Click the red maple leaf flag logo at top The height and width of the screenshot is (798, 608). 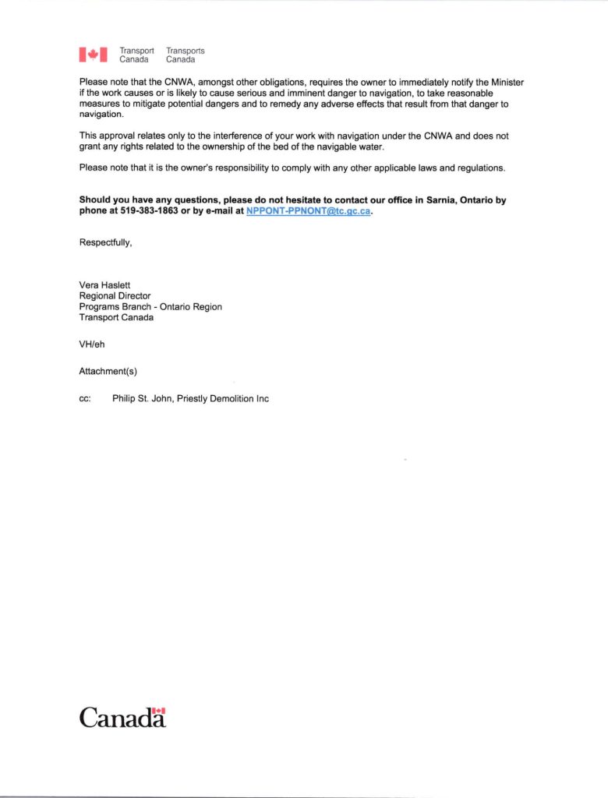coord(93,55)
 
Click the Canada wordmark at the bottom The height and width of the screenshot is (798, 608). coord(122,717)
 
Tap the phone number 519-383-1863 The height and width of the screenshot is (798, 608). coord(150,211)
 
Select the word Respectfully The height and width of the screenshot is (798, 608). coord(105,242)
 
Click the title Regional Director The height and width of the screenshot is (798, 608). coord(115,296)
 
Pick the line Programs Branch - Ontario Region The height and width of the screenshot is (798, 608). coord(150,307)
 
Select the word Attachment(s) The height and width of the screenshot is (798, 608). coord(108,371)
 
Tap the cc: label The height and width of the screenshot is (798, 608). coord(85,399)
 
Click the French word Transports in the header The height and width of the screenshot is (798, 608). coord(185,51)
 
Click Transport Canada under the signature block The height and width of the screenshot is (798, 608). coord(116,318)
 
